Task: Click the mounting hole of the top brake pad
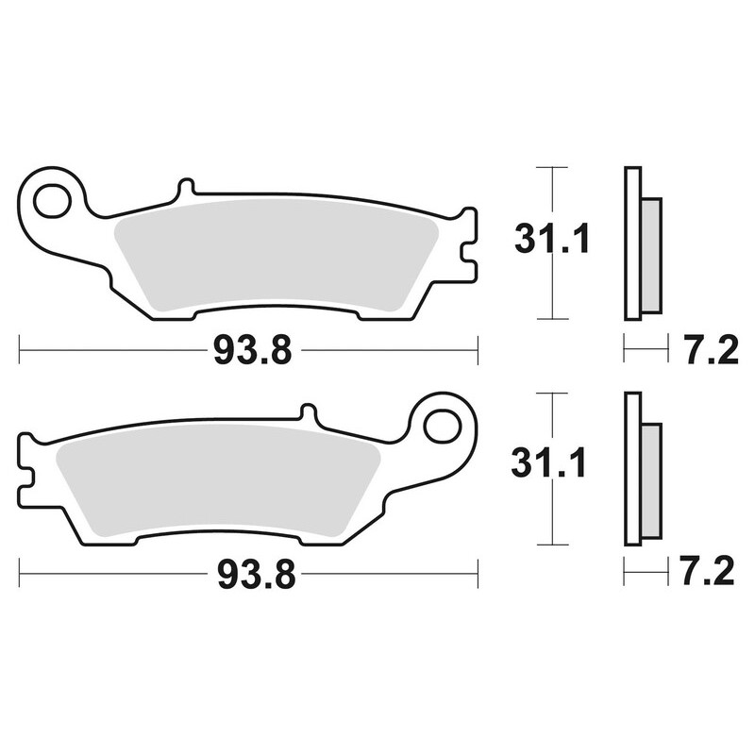53,201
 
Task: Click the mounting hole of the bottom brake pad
441,427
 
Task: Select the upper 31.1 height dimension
552,239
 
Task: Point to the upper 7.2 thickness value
707,351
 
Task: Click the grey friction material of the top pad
274,255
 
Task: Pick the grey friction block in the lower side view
651,481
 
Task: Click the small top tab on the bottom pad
307,413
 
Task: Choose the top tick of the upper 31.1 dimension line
551,167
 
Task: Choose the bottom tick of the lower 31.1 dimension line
551,545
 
